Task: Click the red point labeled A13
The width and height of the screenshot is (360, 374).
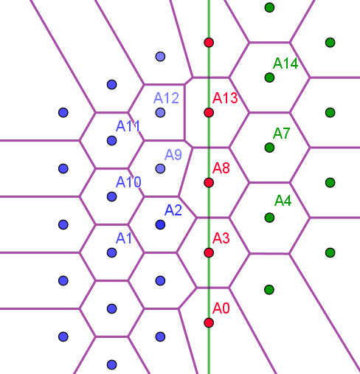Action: [209, 113]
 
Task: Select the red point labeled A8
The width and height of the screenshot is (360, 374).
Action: [209, 183]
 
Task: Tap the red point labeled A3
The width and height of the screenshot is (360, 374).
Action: [209, 252]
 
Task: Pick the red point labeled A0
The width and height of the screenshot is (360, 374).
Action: [209, 322]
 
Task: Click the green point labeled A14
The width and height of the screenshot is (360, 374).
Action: [269, 77]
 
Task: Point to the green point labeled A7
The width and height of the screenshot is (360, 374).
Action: [269, 148]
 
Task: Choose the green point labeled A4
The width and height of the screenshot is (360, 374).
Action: [269, 218]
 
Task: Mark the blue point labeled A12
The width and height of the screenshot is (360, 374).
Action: [160, 113]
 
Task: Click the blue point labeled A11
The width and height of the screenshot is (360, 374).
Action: [112, 141]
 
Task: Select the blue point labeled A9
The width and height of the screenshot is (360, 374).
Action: [160, 169]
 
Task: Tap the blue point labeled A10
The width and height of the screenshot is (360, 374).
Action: [112, 196]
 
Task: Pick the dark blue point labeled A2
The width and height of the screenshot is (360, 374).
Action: [160, 224]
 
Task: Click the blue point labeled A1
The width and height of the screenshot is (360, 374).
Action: [112, 252]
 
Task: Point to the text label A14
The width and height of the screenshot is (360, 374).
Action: [285, 63]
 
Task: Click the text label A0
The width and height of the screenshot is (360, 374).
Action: [221, 308]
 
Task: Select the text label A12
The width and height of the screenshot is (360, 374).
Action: [166, 98]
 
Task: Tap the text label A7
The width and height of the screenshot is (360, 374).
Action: [281, 134]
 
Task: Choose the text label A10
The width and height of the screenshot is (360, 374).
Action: [128, 182]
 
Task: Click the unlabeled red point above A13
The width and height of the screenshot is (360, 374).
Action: [209, 43]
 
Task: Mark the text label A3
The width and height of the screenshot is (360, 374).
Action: [221, 238]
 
